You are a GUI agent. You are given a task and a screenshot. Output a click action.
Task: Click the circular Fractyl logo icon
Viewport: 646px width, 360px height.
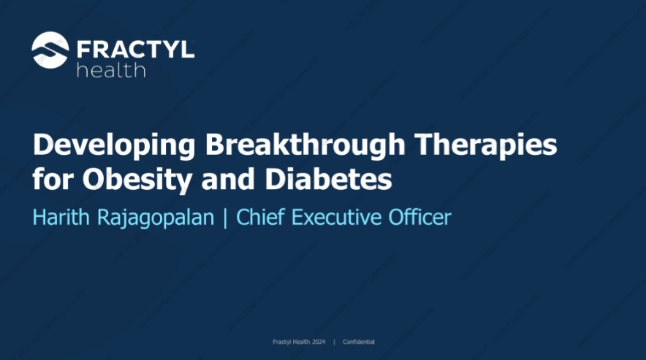coord(50,50)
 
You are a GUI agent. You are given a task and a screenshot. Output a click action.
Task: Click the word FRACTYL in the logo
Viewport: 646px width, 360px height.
coord(135,49)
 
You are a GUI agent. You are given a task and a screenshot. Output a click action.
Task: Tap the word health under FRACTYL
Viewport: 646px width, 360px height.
coord(110,70)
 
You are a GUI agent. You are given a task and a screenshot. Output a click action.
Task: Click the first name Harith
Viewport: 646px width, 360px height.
coord(61,218)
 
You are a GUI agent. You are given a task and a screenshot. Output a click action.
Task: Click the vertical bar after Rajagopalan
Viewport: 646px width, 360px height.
coord(225,218)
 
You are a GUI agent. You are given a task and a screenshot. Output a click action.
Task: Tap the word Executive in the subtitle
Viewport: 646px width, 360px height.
coord(338,218)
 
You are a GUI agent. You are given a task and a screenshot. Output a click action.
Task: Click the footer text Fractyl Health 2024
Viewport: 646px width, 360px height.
coord(298,342)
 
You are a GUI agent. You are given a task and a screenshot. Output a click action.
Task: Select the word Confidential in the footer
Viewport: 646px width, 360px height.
coord(358,342)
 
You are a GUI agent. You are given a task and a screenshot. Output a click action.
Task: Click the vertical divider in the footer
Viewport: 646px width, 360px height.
coord(334,342)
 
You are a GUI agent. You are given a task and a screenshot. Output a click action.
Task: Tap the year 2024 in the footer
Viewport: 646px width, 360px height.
coord(318,342)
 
